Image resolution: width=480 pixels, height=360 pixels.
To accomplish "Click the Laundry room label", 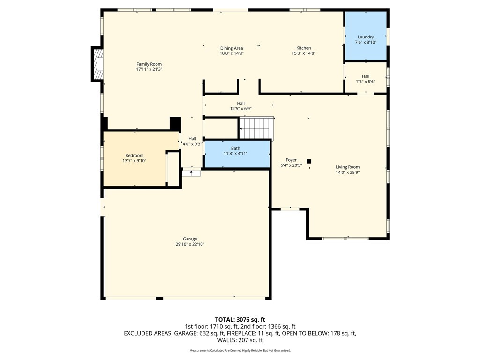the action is click(x=366, y=37).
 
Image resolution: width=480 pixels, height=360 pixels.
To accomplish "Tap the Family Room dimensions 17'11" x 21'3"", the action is click(x=149, y=69).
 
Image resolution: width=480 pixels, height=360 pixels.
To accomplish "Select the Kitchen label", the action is click(x=304, y=48).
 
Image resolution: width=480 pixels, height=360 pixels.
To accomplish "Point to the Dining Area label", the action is click(x=232, y=48).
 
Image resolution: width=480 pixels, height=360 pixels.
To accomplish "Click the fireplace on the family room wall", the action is click(x=97, y=64).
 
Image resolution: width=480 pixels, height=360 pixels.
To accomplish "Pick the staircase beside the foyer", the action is click(x=256, y=128).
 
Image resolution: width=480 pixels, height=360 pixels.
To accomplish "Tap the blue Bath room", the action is click(x=237, y=154).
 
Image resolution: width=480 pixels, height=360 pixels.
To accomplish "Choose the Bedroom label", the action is click(x=135, y=156).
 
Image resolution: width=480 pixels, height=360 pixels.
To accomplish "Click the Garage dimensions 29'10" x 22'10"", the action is click(x=190, y=244).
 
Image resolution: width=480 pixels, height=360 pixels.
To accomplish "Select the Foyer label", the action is click(x=291, y=160).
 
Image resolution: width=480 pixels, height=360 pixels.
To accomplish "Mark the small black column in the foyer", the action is click(x=309, y=161).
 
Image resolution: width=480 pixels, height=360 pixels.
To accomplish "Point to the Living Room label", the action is click(x=348, y=167).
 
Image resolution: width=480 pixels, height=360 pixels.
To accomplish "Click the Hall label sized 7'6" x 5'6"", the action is click(x=366, y=76).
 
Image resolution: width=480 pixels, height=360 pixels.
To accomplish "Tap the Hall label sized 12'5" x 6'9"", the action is click(x=240, y=104).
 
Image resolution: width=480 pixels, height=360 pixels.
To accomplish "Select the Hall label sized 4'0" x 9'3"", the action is click(x=192, y=139).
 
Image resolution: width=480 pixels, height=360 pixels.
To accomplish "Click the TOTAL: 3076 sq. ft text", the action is click(x=240, y=320).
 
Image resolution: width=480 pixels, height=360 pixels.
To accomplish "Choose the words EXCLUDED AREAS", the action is click(x=148, y=333).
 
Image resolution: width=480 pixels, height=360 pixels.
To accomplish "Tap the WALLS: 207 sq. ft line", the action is click(x=240, y=340).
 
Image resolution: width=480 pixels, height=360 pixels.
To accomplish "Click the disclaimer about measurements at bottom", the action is click(x=240, y=350).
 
